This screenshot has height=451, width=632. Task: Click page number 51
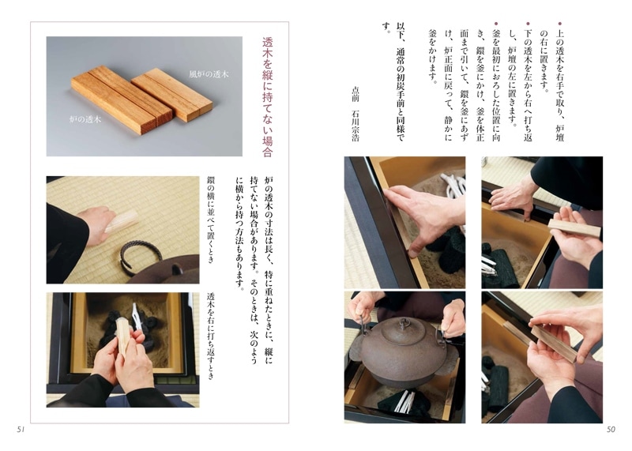pyautogui.click(x=21, y=430)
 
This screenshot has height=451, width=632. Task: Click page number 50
pyautogui.click(x=611, y=430)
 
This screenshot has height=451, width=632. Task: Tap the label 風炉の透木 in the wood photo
pyautogui.click(x=209, y=74)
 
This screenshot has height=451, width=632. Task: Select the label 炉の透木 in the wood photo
pyautogui.click(x=85, y=119)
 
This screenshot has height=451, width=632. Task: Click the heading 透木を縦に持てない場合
pyautogui.click(x=268, y=97)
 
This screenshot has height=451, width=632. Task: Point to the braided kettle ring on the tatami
pyautogui.click(x=141, y=256)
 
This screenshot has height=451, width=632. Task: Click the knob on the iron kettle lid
pyautogui.click(x=404, y=323)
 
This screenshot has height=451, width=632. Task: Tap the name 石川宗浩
pyautogui.click(x=355, y=126)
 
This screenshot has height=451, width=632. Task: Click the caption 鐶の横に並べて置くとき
pyautogui.click(x=210, y=220)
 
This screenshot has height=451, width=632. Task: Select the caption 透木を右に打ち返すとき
pyautogui.click(x=210, y=336)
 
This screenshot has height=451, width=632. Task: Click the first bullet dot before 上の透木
pyautogui.click(x=559, y=24)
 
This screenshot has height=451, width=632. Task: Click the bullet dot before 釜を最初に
pyautogui.click(x=496, y=24)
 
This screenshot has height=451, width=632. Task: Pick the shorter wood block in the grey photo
pyautogui.click(x=172, y=94)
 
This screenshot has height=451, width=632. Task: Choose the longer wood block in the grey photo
pyautogui.click(x=122, y=100)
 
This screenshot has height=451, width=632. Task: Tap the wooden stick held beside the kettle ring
pyautogui.click(x=121, y=221)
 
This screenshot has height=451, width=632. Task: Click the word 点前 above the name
pyautogui.click(x=355, y=94)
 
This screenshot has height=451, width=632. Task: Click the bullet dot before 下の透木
pyautogui.click(x=528, y=24)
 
